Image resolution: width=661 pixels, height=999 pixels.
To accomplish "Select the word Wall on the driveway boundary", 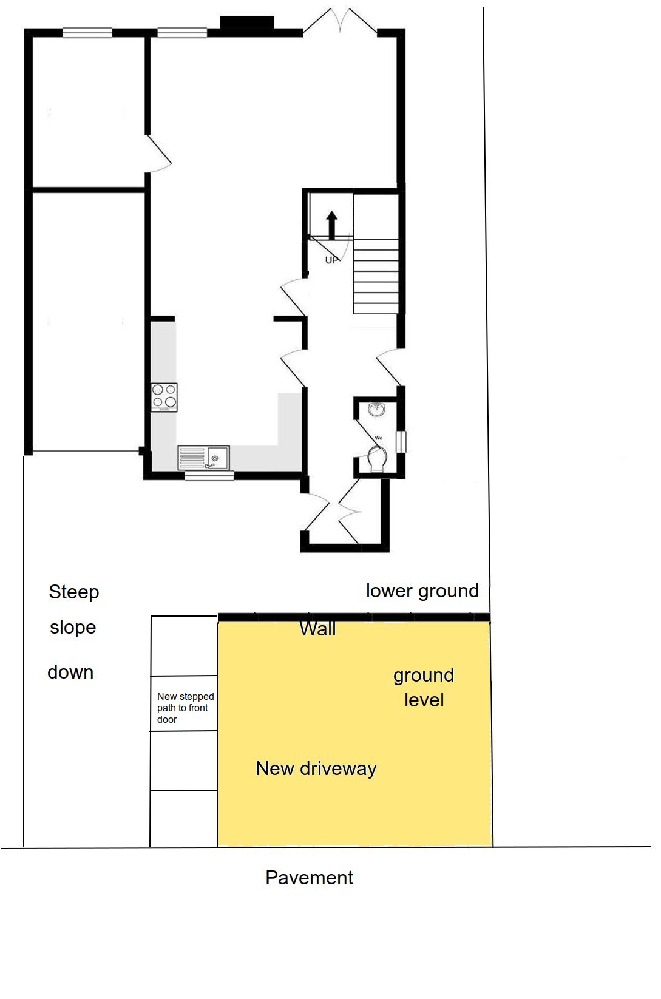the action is [x=317, y=629].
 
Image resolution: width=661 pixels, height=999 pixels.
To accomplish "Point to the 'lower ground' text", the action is [x=422, y=591].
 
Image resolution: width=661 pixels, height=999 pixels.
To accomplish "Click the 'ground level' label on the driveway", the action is [x=424, y=688].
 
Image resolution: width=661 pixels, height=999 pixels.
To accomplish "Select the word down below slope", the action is [x=70, y=672].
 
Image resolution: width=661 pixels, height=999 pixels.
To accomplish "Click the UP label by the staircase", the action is [x=332, y=260].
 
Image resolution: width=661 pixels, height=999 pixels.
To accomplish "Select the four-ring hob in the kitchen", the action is [x=164, y=397].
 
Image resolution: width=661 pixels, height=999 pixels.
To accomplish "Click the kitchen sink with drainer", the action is [x=204, y=458].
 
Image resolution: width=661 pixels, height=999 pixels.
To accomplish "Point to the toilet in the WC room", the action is [x=378, y=459].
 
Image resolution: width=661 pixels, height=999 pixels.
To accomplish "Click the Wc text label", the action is [x=378, y=438].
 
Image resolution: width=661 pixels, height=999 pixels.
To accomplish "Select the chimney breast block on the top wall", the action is [x=247, y=22].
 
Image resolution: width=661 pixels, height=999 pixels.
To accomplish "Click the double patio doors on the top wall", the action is [x=341, y=21].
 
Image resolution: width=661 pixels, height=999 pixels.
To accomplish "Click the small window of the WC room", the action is [x=401, y=441].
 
